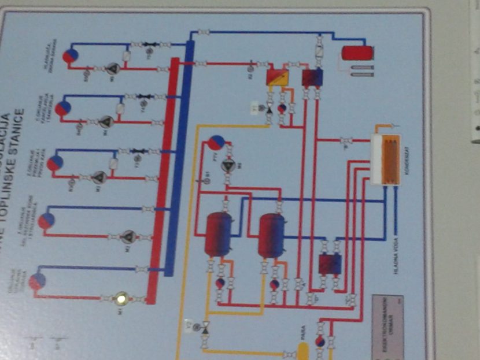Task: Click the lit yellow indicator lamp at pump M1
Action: click(x=121, y=299)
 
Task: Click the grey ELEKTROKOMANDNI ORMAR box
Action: click(x=387, y=326)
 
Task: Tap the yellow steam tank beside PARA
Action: click(x=302, y=350)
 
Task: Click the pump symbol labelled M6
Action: click(x=229, y=166)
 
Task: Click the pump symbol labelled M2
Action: click(x=129, y=236)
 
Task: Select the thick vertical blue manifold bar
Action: click(x=180, y=156)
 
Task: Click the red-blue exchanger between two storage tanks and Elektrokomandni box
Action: click(x=330, y=264)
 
